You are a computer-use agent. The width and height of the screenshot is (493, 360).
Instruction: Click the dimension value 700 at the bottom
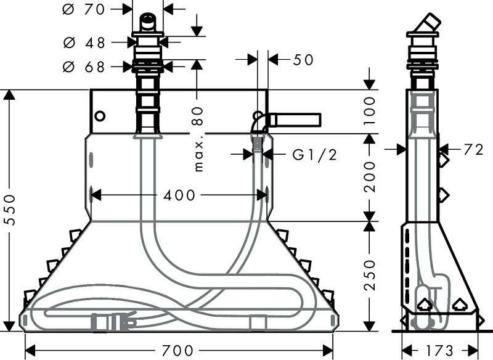pyautogui.click(x=179, y=350)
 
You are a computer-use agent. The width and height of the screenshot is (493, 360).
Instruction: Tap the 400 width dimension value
pyautogui.click(x=179, y=195)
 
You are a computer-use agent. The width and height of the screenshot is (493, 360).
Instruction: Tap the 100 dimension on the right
pyautogui.click(x=369, y=111)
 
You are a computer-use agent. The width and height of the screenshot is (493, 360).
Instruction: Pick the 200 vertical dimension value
pyautogui.click(x=369, y=178)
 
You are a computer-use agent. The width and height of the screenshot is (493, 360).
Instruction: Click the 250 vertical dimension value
pyautogui.click(x=369, y=275)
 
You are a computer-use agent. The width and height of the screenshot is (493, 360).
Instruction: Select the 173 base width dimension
pyautogui.click(x=439, y=350)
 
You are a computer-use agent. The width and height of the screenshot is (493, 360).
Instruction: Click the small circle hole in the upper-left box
pyautogui.click(x=100, y=116)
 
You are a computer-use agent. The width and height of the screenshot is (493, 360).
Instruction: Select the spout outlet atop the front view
pyautogui.click(x=148, y=21)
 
